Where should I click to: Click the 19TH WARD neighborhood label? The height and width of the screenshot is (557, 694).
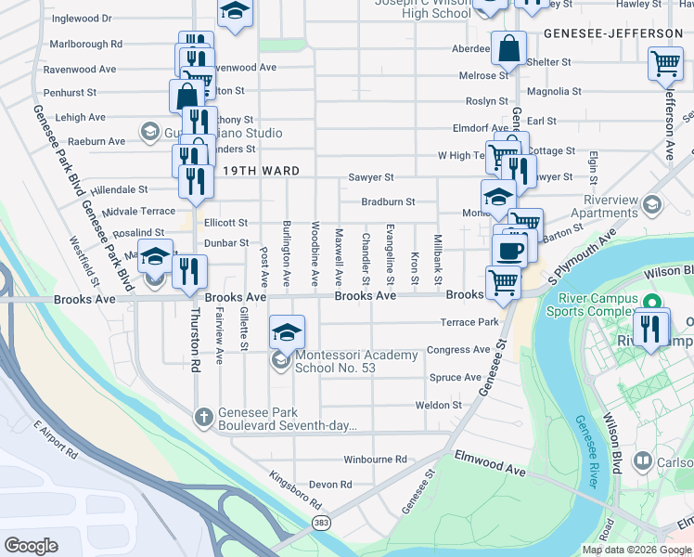(x=261, y=171)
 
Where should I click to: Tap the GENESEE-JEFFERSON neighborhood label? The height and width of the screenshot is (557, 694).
(x=613, y=33)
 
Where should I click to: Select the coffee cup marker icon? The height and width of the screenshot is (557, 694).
(x=508, y=250)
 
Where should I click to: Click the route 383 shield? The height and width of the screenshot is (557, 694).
(x=320, y=525)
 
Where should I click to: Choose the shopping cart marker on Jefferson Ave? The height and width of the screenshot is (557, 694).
(x=665, y=64)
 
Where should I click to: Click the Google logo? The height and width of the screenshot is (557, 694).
(x=31, y=545)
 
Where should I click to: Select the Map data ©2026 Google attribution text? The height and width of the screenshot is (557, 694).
(x=636, y=549)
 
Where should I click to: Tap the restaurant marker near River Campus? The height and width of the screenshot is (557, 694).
(x=652, y=328)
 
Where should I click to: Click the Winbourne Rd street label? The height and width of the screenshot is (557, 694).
(x=375, y=460)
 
